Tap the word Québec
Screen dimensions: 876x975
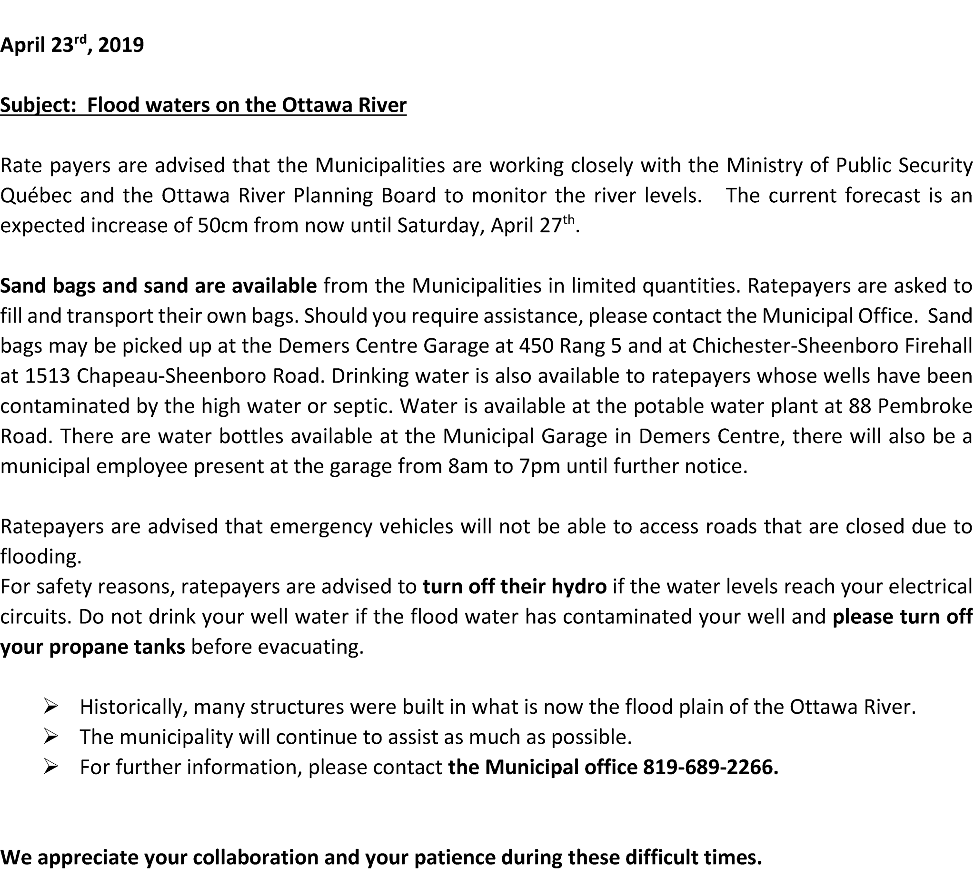click(36, 196)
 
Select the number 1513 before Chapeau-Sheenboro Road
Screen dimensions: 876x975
click(47, 376)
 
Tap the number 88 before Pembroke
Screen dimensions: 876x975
click(860, 406)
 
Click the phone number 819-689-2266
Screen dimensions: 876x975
click(710, 767)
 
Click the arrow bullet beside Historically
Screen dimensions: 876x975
click(50, 707)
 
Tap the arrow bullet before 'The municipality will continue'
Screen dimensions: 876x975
click(50, 737)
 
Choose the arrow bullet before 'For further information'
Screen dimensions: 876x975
click(50, 767)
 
